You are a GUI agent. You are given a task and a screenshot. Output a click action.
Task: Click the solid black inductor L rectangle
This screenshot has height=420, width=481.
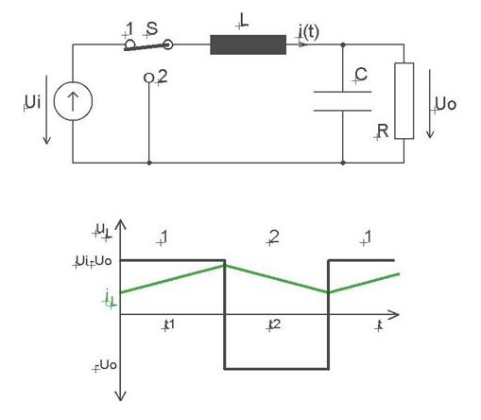[249, 44]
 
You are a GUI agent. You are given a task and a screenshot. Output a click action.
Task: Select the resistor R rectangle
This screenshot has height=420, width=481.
[404, 101]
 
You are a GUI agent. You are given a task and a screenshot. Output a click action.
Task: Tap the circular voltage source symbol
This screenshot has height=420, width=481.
[73, 101]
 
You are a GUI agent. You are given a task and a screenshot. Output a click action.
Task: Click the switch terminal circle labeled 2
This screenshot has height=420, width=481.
[148, 78]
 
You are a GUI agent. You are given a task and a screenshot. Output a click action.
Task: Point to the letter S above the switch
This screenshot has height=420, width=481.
[152, 28]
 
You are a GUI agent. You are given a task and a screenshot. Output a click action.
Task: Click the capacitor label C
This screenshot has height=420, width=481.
[361, 75]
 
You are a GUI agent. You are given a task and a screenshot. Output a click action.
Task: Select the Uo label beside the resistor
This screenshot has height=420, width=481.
[446, 104]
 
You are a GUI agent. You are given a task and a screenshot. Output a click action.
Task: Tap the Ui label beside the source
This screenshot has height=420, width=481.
[33, 102]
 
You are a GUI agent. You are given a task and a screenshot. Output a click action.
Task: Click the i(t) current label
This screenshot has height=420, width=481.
[309, 32]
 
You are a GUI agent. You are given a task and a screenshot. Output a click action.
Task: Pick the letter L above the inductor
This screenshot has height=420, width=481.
[244, 21]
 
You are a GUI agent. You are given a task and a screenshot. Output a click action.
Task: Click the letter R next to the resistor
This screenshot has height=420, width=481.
[383, 131]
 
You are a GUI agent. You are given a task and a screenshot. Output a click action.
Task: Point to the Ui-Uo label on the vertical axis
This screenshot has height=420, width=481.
[94, 261]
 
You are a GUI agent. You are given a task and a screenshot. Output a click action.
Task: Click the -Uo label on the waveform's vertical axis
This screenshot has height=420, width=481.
[106, 365]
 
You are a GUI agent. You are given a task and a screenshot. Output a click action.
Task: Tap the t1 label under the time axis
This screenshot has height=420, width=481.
[169, 324]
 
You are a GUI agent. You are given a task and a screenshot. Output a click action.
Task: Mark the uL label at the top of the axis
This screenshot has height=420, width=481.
[104, 230]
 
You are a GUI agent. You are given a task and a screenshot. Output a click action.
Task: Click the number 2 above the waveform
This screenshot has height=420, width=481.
[274, 236]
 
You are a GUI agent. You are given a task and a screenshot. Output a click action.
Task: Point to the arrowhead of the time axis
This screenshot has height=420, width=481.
[394, 314]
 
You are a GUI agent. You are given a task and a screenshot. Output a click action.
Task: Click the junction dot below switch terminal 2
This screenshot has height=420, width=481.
[149, 163]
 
